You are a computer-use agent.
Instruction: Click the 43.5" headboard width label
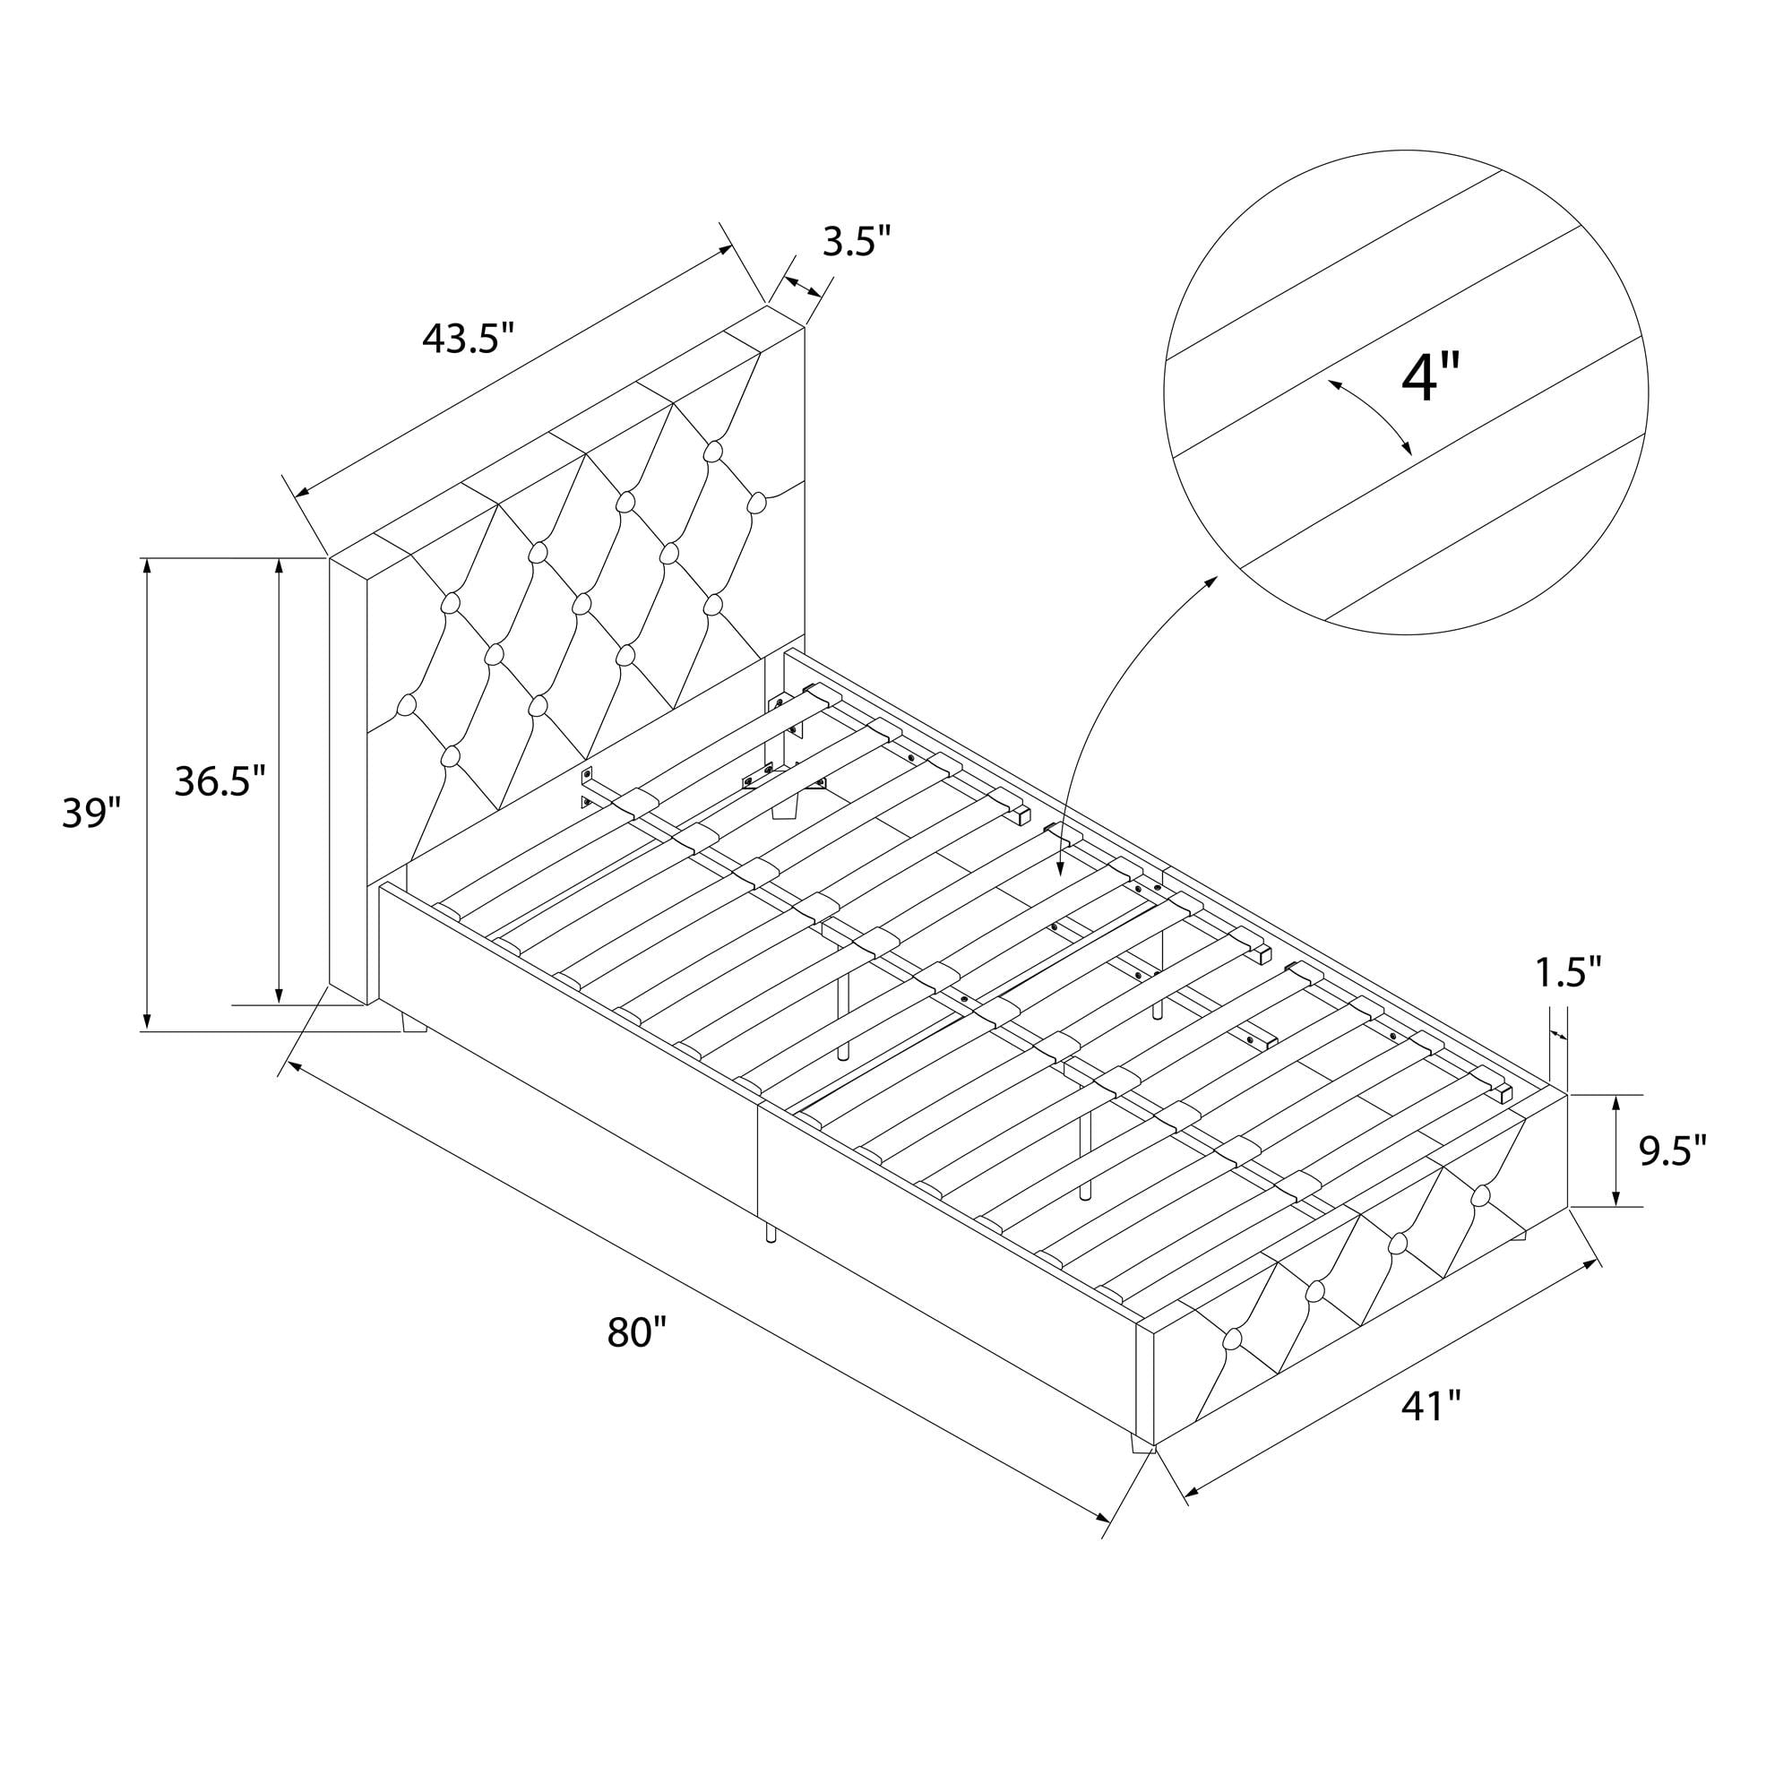coord(468,339)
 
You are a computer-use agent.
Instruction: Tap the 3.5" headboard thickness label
coord(856,243)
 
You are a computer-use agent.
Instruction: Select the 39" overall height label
coord(91,813)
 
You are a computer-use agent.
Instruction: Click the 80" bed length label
coord(637,1333)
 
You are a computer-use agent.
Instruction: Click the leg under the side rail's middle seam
coord(771,1231)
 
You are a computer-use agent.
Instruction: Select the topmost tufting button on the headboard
coord(712,452)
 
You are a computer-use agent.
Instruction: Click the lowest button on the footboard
coord(1233,1364)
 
